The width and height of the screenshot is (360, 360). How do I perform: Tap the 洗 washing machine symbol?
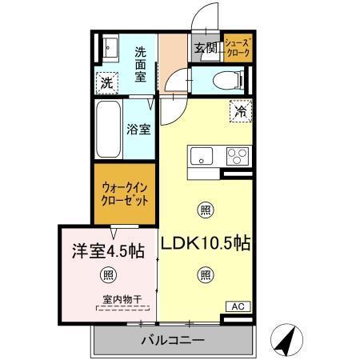pos(106,81)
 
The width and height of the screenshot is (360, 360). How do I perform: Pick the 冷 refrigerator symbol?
pos(238,111)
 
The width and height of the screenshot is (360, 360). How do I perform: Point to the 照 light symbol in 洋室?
pos(107,275)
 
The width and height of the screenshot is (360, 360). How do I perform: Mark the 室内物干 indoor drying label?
pos(122,301)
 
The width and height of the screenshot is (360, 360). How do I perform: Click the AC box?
pos(238,306)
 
